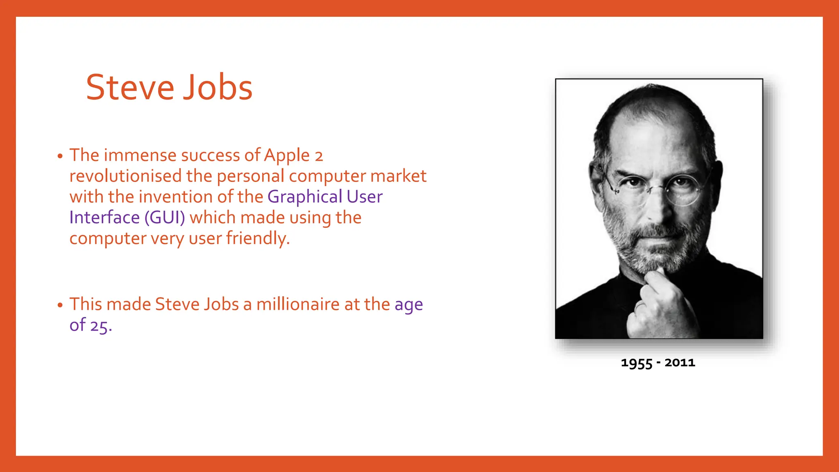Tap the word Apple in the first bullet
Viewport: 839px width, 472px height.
click(287, 155)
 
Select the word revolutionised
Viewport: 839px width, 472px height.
click(125, 176)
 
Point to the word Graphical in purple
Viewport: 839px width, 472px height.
click(305, 197)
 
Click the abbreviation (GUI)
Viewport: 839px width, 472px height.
click(165, 218)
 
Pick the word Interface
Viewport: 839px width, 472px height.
click(104, 218)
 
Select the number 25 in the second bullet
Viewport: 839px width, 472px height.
click(100, 326)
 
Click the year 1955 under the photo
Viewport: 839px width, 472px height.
click(636, 363)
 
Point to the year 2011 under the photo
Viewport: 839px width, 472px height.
click(680, 363)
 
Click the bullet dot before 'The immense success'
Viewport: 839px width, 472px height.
click(60, 157)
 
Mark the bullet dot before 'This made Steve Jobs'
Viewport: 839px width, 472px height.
click(60, 305)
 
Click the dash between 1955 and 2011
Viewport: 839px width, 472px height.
click(658, 363)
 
